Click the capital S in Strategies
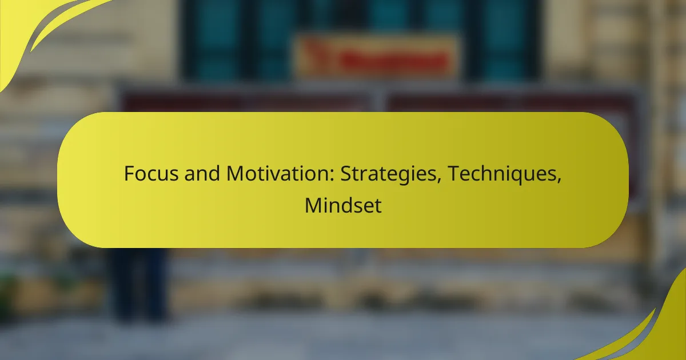click(346, 174)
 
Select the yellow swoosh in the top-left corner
click(34, 29)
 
